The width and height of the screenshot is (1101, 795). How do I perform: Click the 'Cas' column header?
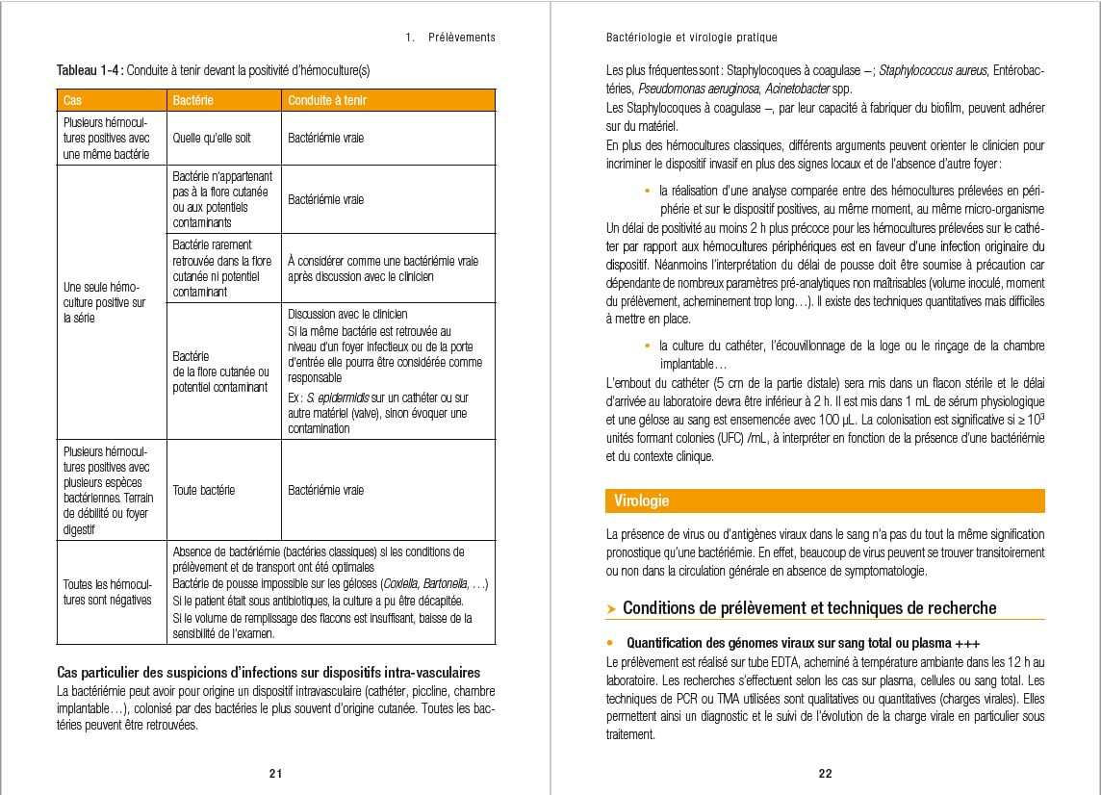point(73,100)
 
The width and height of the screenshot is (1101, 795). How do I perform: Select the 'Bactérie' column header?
point(192,100)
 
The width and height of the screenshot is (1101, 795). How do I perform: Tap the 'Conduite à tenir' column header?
point(327,100)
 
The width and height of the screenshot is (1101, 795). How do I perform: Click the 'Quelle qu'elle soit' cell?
point(212,138)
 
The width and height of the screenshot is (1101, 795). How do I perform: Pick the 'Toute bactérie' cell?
point(203,490)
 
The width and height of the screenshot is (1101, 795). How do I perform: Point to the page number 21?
point(275,773)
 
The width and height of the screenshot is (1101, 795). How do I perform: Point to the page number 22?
point(825,773)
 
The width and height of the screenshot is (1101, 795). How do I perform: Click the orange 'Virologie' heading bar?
point(825,500)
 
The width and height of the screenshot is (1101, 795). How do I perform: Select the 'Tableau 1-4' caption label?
point(90,70)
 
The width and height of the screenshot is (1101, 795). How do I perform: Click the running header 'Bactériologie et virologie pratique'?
point(691,38)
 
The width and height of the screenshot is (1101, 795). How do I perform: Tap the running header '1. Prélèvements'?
point(450,38)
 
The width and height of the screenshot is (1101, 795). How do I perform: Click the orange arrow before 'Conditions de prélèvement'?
point(612,608)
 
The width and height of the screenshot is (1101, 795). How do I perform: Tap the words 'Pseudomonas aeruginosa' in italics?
point(674,88)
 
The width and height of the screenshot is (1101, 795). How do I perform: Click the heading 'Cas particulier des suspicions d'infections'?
point(269,672)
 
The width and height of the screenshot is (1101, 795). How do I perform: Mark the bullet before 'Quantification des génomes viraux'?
point(610,642)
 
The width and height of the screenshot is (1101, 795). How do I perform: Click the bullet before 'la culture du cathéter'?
point(648,346)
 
